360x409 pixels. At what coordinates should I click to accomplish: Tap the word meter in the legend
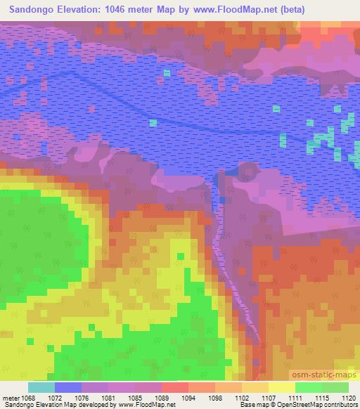12,397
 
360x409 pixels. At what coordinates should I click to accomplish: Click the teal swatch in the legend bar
41,387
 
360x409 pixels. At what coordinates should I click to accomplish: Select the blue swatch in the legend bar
68,387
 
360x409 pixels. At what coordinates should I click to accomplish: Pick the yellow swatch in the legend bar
282,387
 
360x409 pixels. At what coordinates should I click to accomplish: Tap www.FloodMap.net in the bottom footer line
147,405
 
